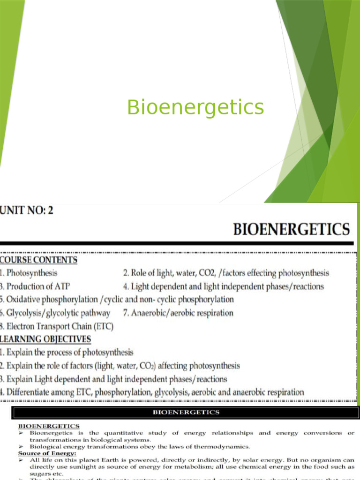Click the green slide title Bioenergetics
(195, 107)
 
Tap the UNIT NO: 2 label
(27, 210)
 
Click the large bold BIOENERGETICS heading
(291, 230)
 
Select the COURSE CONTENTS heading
(38, 260)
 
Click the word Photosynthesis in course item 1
(32, 273)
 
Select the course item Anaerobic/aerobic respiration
(182, 313)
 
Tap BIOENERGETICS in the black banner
(186, 412)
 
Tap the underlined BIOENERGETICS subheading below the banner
(48, 426)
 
